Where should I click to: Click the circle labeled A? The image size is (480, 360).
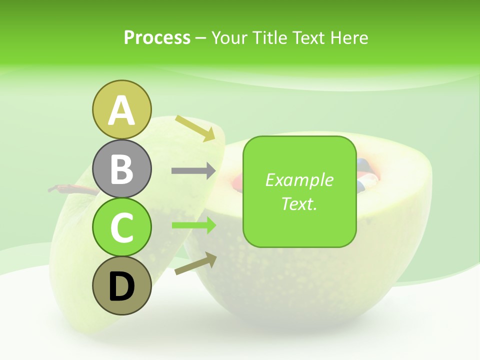coord(121,109)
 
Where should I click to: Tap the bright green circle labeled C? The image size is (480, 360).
coord(121,227)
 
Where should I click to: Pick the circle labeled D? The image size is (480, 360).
coord(121,286)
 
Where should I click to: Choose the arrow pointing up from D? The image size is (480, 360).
coord(195,263)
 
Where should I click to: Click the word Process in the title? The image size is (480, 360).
coord(157,38)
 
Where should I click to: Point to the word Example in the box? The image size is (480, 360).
coord(299,180)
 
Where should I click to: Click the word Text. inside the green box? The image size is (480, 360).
coord(299,204)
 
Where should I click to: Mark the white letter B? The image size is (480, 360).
coord(121,169)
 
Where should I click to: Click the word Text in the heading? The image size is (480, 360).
coord(308,38)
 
